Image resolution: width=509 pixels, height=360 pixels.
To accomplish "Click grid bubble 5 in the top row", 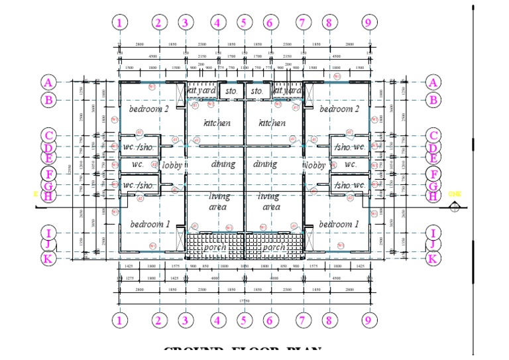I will [243, 23].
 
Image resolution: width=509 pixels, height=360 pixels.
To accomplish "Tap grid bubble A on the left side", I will [48, 83].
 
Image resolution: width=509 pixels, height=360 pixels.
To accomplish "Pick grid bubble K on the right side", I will [433, 259].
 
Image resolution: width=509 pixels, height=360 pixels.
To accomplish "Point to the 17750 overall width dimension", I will [244, 301].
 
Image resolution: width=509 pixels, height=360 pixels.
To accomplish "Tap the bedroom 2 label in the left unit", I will [149, 109].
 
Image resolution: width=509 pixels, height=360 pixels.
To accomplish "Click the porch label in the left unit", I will [214, 247].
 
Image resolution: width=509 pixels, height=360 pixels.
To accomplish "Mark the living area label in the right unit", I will [272, 202].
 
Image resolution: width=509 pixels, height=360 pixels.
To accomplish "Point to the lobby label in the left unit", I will [172, 165].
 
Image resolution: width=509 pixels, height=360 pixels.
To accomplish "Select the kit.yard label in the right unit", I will [288, 90].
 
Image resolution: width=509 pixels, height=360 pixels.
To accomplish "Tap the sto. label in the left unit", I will [231, 90].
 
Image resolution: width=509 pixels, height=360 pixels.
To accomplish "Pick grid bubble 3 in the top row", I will [185, 23].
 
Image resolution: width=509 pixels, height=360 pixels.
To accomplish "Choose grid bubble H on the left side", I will [48, 196].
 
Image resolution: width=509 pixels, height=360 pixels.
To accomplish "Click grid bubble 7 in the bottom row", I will [303, 322].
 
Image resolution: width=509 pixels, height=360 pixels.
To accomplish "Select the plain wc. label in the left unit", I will [138, 164].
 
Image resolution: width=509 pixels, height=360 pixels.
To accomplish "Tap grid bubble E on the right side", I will [433, 158].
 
